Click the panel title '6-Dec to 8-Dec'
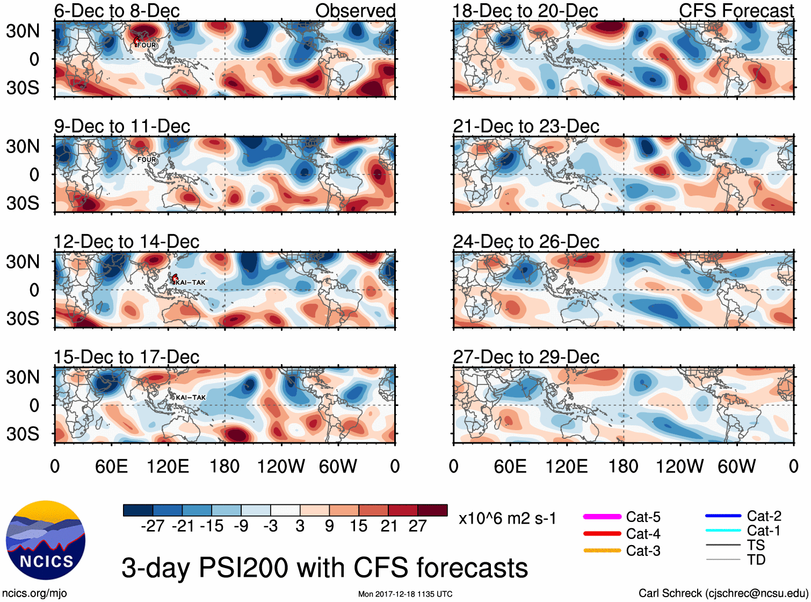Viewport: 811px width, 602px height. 117,11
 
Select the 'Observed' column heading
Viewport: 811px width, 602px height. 355,11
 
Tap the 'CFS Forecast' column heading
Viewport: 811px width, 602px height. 736,11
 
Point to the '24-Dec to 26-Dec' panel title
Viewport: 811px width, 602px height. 526,242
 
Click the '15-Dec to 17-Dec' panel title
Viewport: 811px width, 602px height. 126,357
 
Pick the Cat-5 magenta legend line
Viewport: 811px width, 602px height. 602,517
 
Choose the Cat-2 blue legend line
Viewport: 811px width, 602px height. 723,516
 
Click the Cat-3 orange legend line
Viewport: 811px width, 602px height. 602,550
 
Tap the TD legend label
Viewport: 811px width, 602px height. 756,560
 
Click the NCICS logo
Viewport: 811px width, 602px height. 46,540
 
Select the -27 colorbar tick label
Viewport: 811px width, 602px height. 153,526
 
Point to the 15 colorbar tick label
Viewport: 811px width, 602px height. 358,526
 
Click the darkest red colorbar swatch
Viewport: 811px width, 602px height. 432,510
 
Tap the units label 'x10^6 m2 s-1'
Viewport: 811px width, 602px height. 507,519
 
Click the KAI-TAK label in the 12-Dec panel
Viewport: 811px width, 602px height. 190,282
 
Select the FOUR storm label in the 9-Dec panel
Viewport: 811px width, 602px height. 147,159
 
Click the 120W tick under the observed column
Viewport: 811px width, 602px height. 281,466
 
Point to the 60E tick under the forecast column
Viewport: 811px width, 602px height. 510,466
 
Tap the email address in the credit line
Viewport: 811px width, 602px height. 756,593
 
